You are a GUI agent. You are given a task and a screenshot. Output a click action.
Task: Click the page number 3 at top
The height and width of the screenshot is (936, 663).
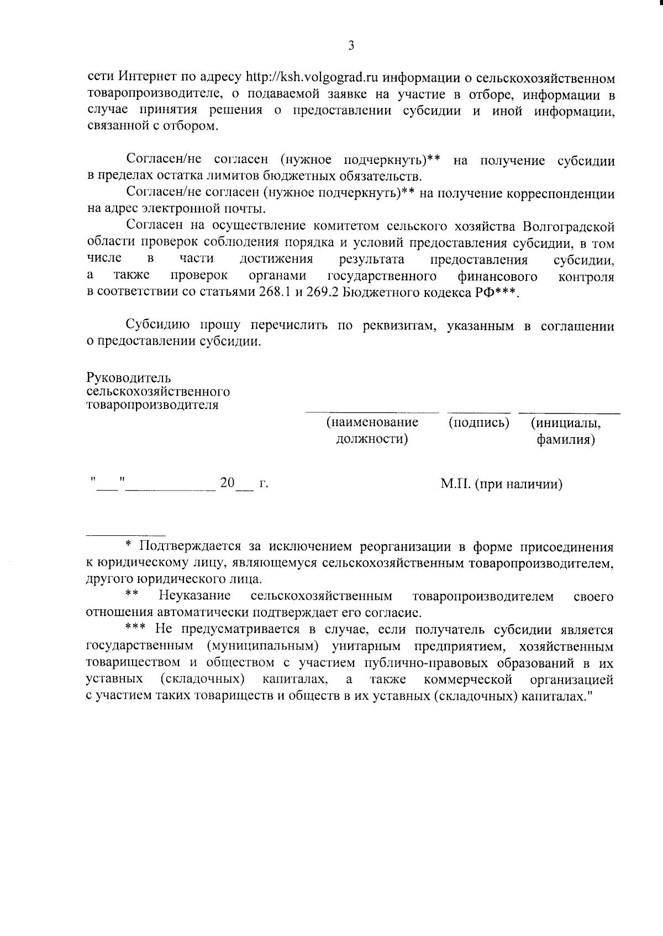click(351, 46)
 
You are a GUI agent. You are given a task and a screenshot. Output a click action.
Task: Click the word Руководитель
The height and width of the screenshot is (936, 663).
click(129, 378)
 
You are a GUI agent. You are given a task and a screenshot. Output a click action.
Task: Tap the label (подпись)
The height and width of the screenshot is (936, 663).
click(478, 423)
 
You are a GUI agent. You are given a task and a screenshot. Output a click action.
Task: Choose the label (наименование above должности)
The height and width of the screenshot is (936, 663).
click(372, 423)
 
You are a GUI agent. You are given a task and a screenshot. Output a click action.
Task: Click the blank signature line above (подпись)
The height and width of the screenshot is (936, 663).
click(478, 412)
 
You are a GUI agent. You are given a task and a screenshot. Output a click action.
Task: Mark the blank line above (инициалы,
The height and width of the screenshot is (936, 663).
click(569, 412)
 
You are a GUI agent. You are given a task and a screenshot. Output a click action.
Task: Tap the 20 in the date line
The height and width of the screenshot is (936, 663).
click(227, 483)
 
